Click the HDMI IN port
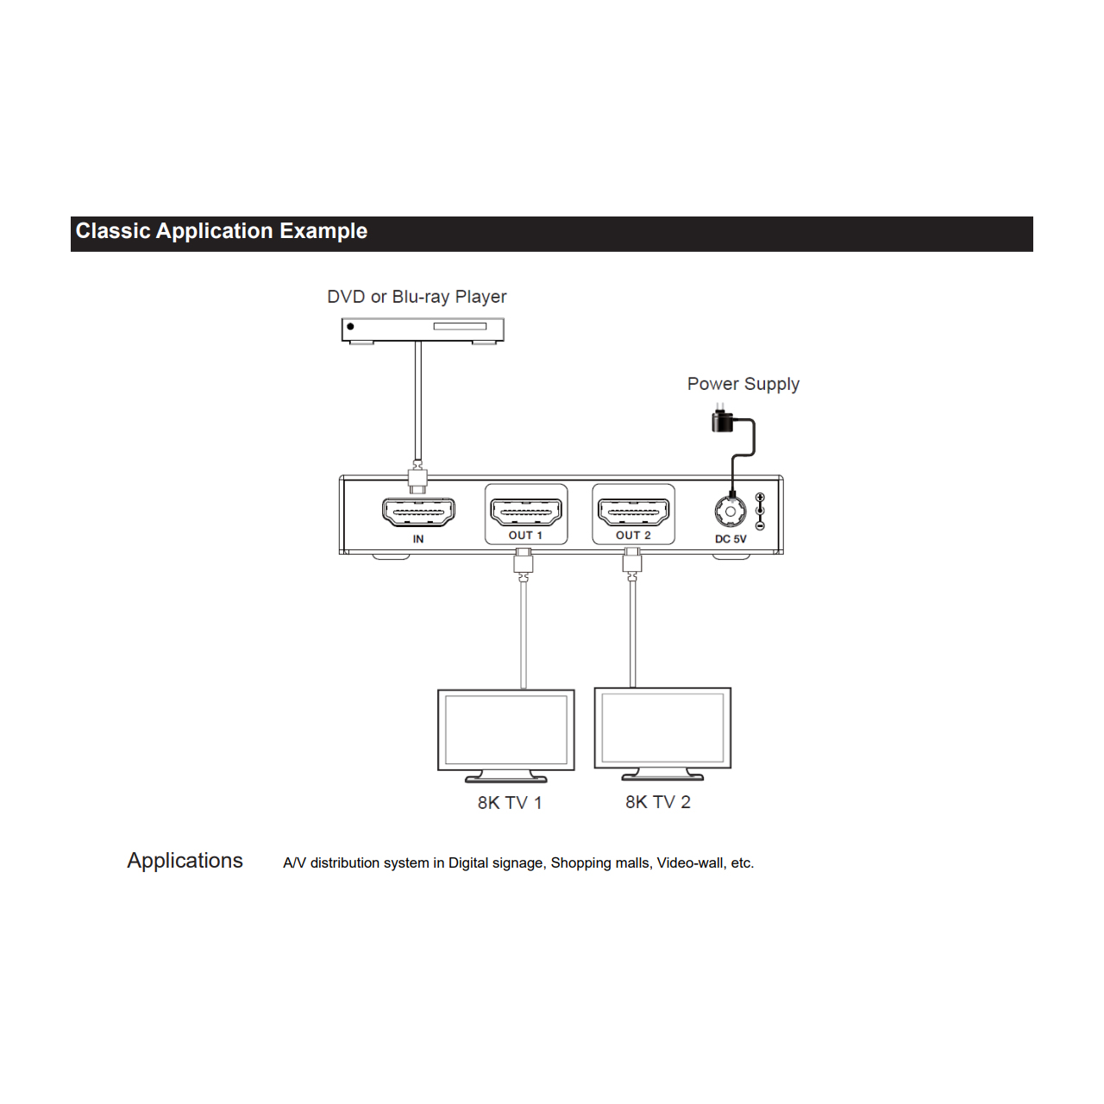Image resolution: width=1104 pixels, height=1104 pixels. coord(418,512)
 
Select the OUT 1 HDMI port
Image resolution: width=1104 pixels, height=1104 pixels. coord(525,512)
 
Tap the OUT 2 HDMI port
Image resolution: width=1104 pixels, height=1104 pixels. coord(633,512)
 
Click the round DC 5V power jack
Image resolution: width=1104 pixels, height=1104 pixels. coord(731,511)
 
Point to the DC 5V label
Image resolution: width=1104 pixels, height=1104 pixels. coord(731,539)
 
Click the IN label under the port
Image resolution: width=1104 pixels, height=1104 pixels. coord(418,539)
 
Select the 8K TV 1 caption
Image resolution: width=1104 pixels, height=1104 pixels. coord(510,803)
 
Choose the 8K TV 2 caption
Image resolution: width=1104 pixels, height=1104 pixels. coord(658,802)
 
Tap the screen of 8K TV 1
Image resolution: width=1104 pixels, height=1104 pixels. coord(506,730)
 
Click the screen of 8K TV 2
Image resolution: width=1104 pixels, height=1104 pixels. coord(663,728)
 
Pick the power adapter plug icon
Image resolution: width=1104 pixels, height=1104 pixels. coord(722,419)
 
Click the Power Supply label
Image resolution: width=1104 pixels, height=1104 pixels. coord(743,384)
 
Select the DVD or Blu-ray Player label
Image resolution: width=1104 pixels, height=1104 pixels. coord(417,297)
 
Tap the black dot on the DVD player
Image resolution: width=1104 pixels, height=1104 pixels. coord(351,327)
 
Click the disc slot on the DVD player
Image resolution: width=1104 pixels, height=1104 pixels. coord(460,327)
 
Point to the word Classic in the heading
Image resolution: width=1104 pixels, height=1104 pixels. coord(113,231)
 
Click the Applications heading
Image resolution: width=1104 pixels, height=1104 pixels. coord(185,861)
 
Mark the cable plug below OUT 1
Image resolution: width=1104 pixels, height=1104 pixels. coord(523,561)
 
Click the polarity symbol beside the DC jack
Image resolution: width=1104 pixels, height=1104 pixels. coord(760,511)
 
